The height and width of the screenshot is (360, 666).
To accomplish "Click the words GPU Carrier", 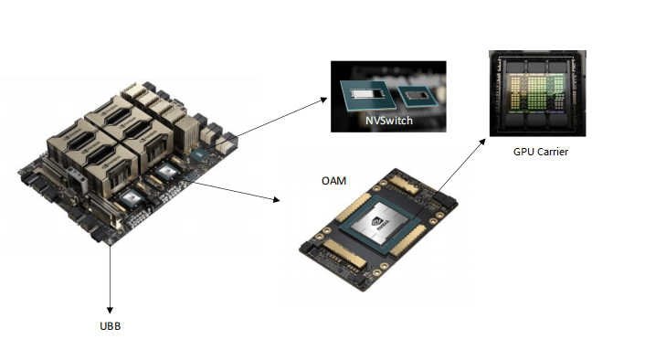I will [x=541, y=152].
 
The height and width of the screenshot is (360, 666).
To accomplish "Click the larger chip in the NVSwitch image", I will [x=365, y=93].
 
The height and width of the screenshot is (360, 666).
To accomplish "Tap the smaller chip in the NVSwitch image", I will [x=418, y=93].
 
